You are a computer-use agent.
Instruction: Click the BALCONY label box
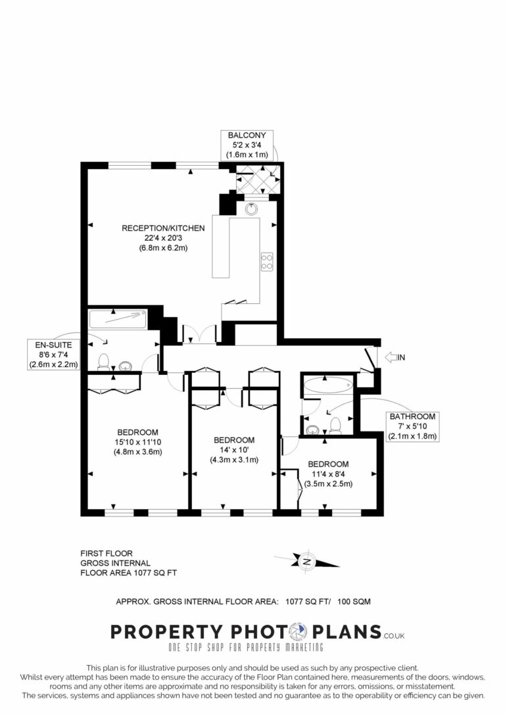(247, 145)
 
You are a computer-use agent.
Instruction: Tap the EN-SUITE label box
(54, 355)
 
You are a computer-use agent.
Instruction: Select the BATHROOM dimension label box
(412, 426)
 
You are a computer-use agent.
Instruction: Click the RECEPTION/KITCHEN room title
(163, 228)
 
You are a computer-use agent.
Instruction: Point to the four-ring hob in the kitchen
(267, 262)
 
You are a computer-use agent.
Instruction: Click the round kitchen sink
(251, 209)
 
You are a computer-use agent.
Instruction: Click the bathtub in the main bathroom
(328, 385)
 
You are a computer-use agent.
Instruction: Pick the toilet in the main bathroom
(335, 424)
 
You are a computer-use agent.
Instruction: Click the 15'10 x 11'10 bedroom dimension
(137, 442)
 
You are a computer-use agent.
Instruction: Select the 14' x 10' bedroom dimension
(234, 450)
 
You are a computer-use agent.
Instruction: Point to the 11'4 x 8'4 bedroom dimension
(328, 474)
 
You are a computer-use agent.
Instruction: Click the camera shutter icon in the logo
(299, 631)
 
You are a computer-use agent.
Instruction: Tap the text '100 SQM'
(354, 601)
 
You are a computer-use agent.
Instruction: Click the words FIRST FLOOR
(107, 553)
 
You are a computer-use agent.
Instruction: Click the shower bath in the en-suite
(118, 319)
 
